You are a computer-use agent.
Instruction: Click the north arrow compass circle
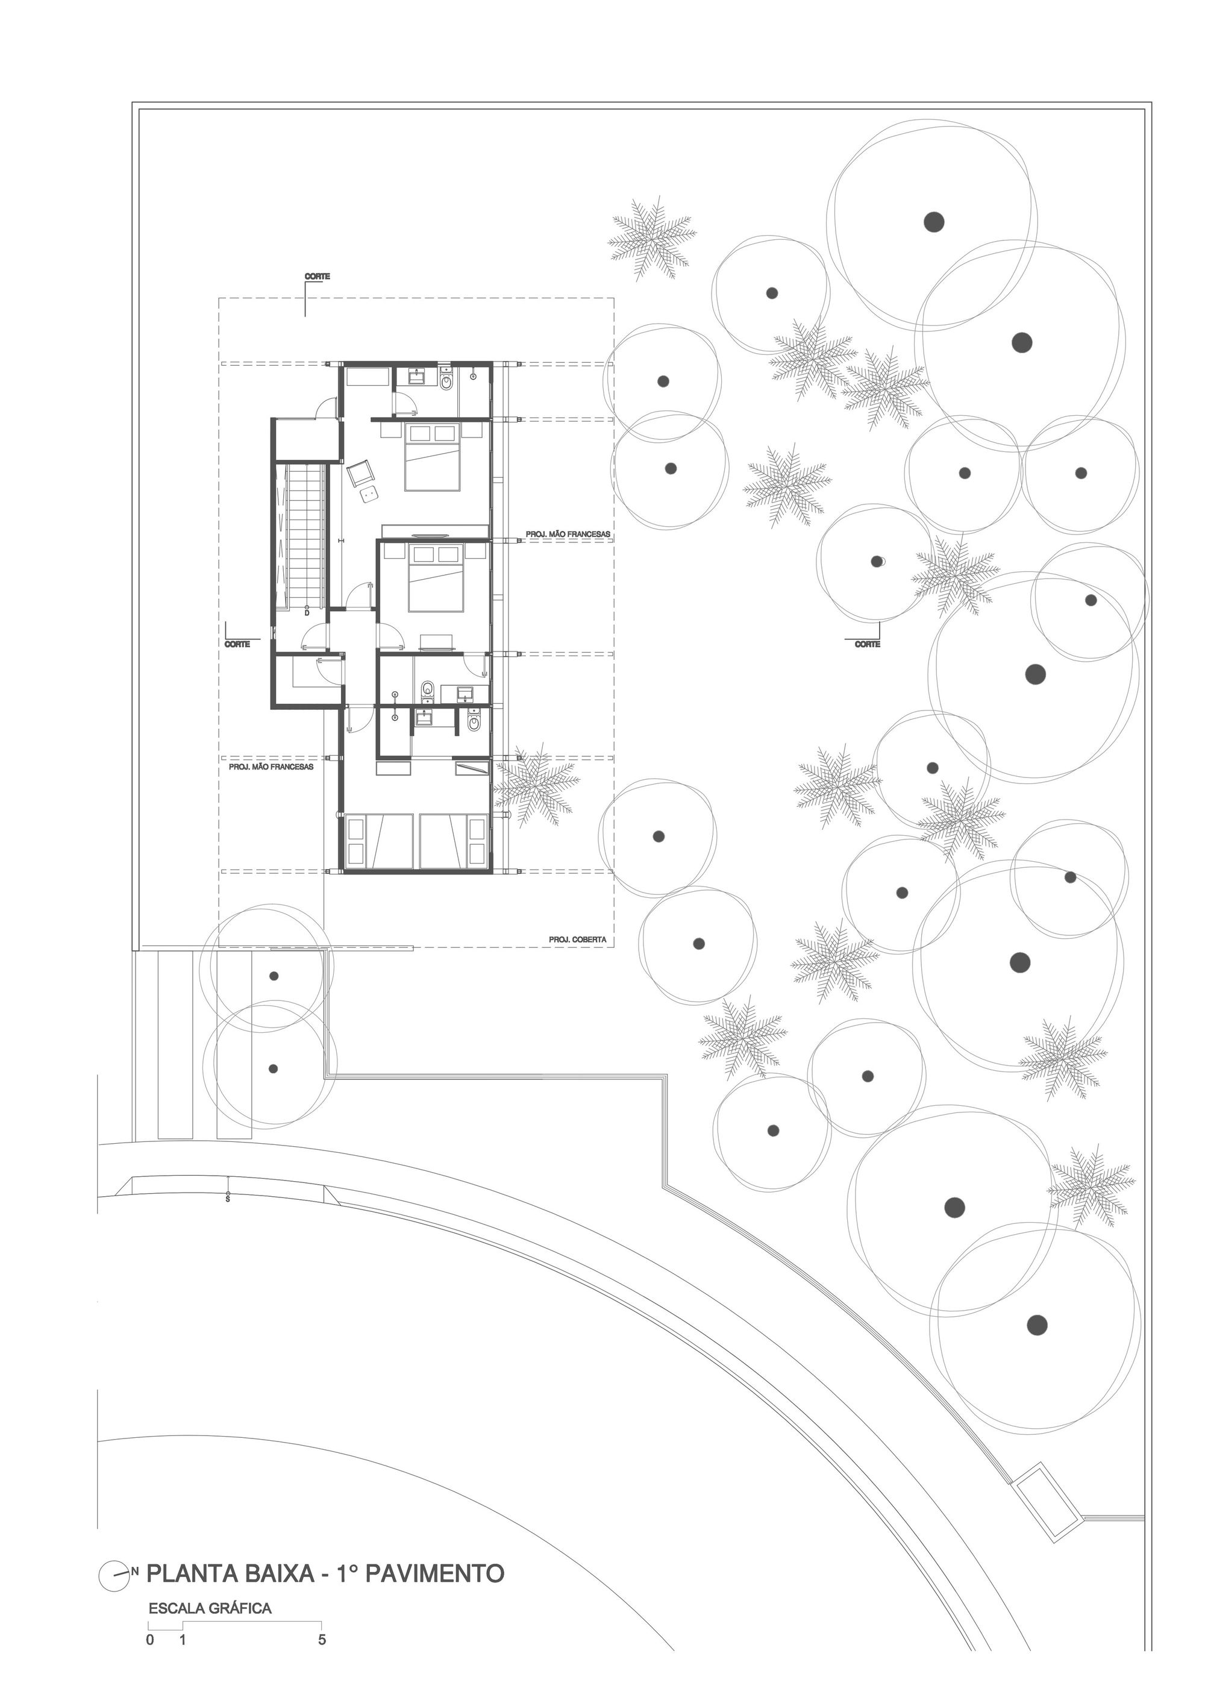(113, 1572)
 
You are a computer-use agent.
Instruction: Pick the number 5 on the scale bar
(322, 1640)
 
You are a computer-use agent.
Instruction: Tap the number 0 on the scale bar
(150, 1640)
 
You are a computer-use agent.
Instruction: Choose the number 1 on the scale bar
(183, 1640)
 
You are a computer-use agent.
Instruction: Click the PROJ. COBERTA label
(577, 940)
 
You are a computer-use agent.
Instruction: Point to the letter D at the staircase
(306, 613)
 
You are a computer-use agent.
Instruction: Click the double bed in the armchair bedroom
(433, 456)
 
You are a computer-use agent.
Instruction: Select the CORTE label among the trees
(868, 644)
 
